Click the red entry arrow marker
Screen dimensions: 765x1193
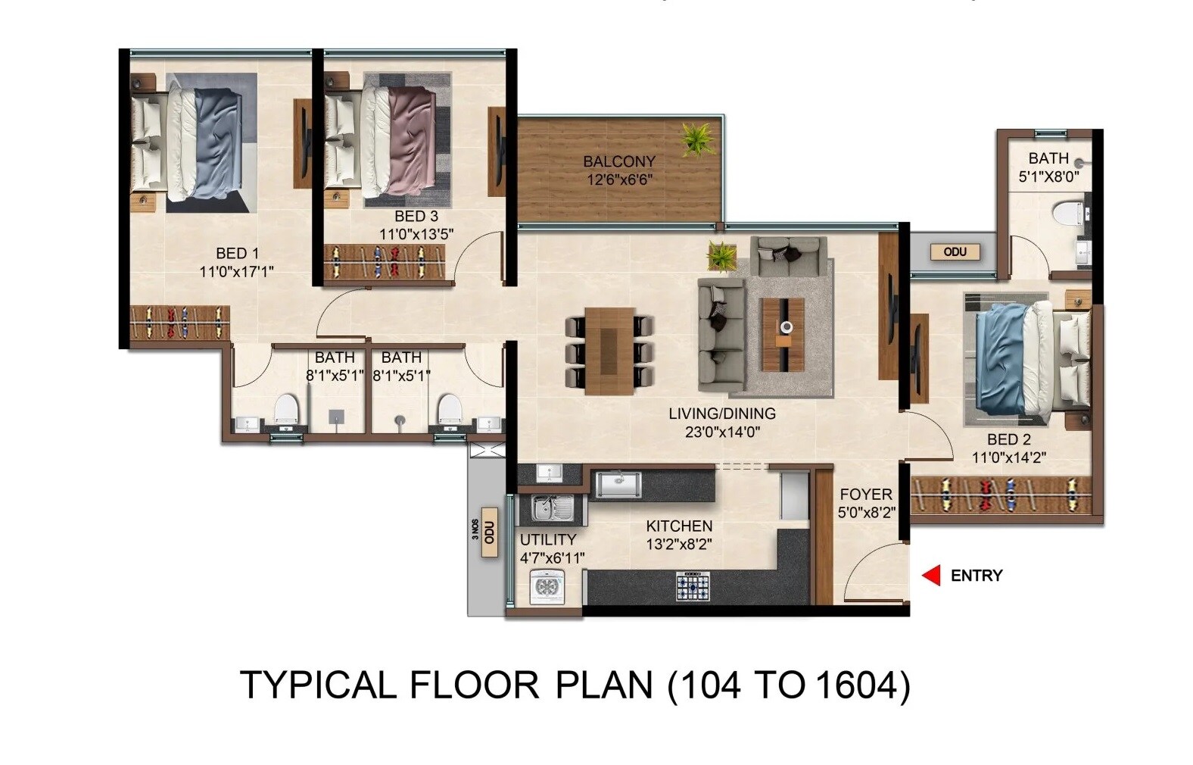(x=931, y=576)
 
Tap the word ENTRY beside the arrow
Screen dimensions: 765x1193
(x=976, y=576)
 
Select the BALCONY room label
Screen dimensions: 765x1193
(x=618, y=161)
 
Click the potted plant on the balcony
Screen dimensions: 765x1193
(x=696, y=139)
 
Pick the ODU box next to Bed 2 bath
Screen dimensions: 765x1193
(x=955, y=251)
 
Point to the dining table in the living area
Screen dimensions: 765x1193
(x=609, y=351)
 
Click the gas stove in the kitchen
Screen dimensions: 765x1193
(x=693, y=585)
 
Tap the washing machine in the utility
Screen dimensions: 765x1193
(x=547, y=587)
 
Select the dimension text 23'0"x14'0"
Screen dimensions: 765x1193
(x=721, y=432)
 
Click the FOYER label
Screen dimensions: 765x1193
(x=865, y=495)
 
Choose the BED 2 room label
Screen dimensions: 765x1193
(x=1008, y=439)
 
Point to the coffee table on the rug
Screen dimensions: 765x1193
(x=782, y=334)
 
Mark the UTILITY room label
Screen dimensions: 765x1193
(x=547, y=540)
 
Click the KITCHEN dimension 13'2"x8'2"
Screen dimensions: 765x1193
(x=678, y=544)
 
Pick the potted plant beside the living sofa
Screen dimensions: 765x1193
(x=721, y=256)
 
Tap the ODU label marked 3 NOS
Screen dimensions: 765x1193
(x=490, y=532)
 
